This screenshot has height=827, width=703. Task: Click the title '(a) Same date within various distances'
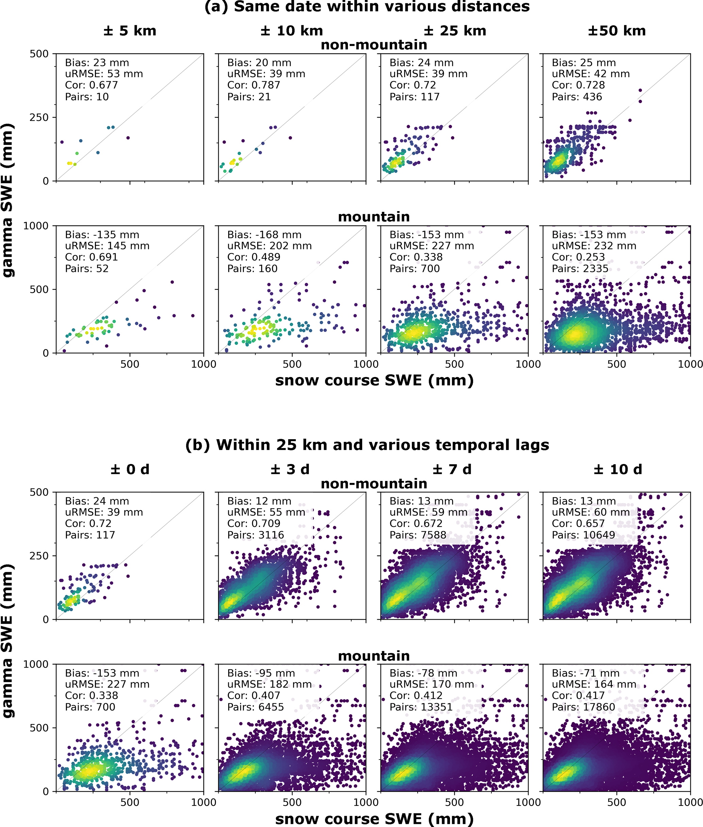[367, 7]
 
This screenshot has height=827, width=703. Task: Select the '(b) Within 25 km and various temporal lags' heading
[367, 445]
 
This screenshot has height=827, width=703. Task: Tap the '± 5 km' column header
[130, 31]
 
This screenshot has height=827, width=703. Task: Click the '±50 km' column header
[617, 31]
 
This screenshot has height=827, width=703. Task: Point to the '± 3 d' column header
[290, 469]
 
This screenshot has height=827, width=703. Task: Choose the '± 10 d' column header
[618, 469]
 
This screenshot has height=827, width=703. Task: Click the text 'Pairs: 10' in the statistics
[87, 97]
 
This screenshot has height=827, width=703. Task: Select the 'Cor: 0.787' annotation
[254, 85]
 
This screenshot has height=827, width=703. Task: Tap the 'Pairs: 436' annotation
[577, 97]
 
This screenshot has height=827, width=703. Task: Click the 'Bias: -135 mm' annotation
[102, 235]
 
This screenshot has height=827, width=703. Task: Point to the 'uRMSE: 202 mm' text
[270, 246]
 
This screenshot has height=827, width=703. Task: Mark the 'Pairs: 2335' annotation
[580, 269]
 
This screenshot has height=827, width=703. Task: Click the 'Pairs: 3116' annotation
[256, 535]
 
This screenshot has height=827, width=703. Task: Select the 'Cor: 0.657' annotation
[578, 523]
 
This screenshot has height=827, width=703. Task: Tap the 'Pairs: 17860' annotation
[583, 707]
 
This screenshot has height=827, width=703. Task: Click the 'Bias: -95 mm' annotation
[262, 673]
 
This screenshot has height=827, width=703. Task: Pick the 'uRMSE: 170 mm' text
[432, 684]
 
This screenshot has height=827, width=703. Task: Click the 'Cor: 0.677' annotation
[92, 85]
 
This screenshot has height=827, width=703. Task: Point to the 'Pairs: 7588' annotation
[418, 535]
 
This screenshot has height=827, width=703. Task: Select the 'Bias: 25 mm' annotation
[584, 63]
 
